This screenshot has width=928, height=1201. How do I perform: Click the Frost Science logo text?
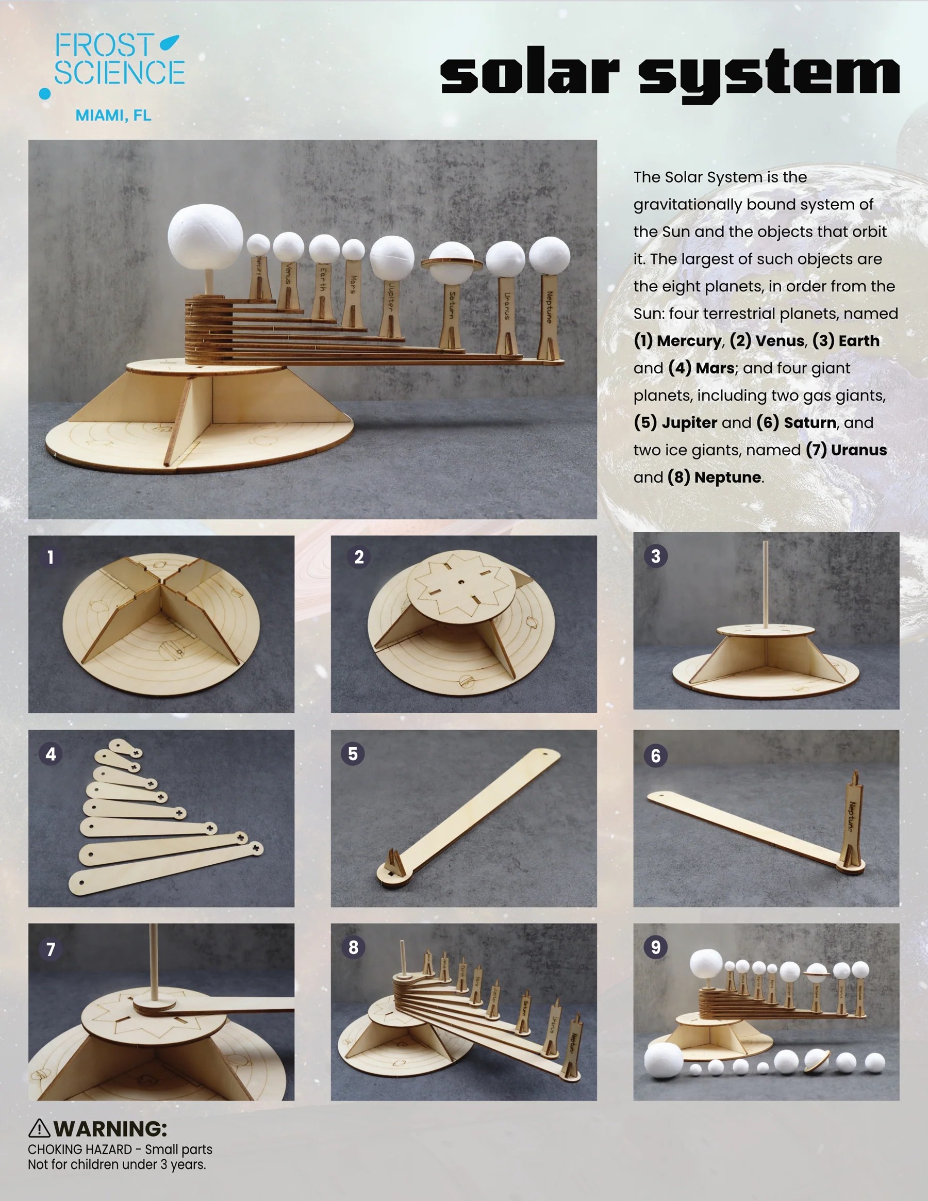tap(118, 59)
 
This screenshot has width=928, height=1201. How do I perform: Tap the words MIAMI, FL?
tap(113, 116)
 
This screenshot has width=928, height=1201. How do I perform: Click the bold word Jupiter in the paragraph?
tap(689, 422)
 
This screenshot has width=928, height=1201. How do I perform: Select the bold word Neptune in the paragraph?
tap(727, 477)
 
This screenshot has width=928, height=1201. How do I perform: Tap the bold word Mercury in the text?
tap(689, 340)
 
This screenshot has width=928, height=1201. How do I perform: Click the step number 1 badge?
tap(51, 557)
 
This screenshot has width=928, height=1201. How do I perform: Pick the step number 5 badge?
tap(353, 753)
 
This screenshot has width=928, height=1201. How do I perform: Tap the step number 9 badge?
tap(655, 947)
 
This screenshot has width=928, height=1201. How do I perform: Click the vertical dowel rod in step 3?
tap(765, 583)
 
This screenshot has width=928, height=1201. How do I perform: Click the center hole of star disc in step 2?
tap(462, 582)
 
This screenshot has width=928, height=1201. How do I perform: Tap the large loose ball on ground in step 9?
tap(664, 1059)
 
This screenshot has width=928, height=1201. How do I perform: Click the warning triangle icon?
tap(39, 1128)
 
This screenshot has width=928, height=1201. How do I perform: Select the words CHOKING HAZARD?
tap(80, 1149)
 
